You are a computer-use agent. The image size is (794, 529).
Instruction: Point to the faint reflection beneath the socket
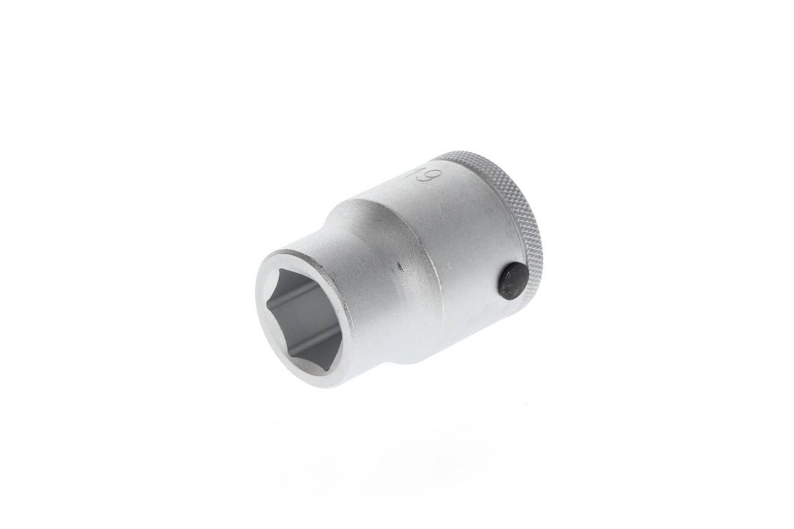coord(397,434)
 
